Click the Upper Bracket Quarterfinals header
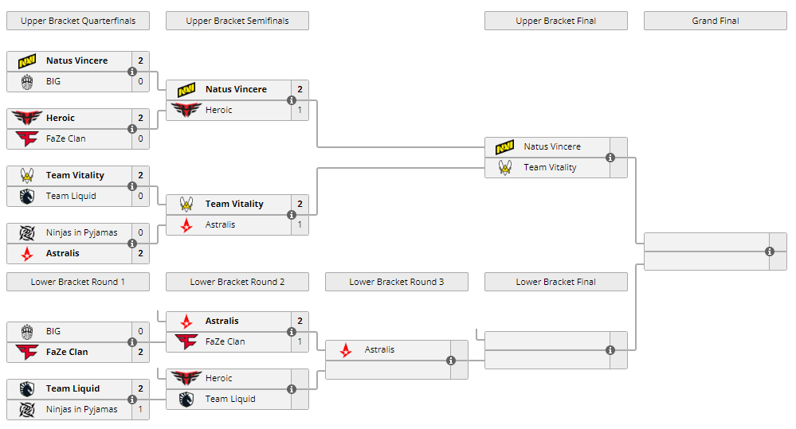pos(77,21)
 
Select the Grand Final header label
pos(715,21)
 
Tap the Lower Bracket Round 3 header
pos(396,282)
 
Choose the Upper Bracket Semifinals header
pos(237,21)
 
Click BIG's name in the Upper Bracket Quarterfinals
pos(53,81)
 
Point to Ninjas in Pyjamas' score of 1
pos(140,409)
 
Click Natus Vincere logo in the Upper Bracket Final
pos(504,146)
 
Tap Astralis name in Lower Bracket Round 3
pos(379,349)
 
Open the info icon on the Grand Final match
pos(770,252)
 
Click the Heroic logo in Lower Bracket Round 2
pos(186,378)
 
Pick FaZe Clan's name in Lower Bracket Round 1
pos(67,352)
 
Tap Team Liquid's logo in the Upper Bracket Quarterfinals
pos(26,196)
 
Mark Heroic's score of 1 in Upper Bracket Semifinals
pos(300,110)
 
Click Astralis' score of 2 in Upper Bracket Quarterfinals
pos(140,253)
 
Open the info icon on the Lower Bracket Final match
pos(610,350)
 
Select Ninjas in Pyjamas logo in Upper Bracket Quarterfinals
pos(26,232)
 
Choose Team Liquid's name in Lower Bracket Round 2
pos(230,399)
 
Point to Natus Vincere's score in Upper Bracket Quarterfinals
pos(140,60)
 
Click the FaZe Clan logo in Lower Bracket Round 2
pos(186,341)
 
